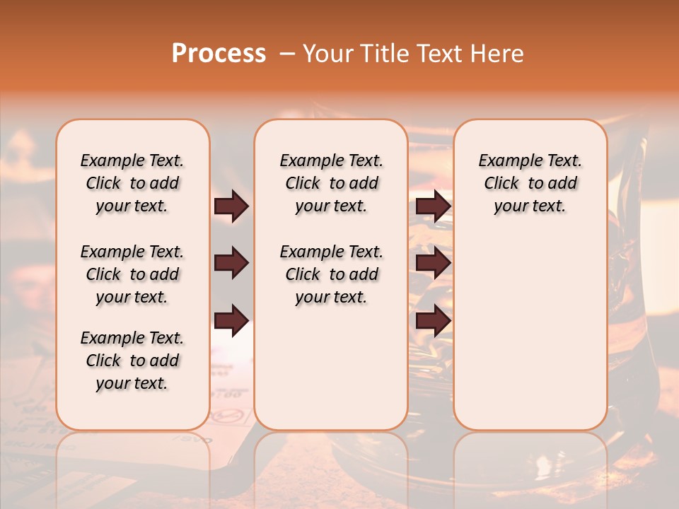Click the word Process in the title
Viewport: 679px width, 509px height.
(219, 54)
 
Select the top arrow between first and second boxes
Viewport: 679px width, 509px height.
(231, 206)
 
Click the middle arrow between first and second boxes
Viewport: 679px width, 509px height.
(231, 264)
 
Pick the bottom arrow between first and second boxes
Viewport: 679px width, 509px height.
(231, 321)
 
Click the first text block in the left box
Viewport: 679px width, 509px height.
(132, 183)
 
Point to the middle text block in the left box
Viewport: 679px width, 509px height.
(132, 274)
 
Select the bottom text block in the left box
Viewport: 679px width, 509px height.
(132, 361)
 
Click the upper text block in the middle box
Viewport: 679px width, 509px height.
(331, 183)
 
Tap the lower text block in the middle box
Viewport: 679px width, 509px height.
(331, 274)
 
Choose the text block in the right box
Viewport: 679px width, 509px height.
(530, 183)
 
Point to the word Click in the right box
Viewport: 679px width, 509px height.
(501, 184)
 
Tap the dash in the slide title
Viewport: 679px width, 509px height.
(288, 54)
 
